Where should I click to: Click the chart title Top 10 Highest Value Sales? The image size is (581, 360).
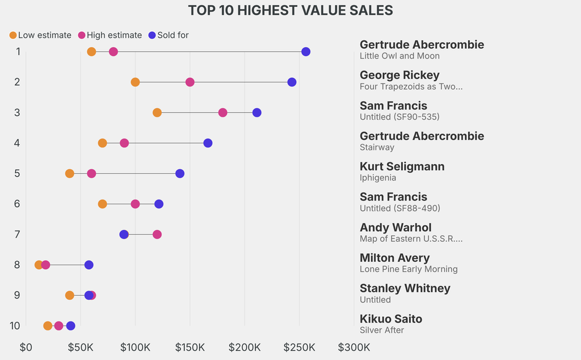290,11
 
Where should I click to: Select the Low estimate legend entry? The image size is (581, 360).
40,35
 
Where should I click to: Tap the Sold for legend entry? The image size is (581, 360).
168,35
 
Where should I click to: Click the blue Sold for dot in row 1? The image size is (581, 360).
306,52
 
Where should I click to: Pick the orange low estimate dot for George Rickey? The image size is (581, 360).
135,82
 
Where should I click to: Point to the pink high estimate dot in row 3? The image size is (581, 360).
222,112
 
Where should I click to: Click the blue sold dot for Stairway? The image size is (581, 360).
208,143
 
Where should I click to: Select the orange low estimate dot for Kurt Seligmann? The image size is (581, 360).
69,173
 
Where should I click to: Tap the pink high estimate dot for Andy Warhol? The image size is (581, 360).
157,235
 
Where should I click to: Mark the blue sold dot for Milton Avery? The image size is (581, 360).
89,265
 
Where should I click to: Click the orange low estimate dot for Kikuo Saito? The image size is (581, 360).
48,326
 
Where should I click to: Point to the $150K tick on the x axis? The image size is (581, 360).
190,347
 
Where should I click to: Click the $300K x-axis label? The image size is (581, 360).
353,347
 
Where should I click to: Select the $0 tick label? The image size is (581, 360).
26,347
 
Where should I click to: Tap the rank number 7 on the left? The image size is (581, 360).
18,235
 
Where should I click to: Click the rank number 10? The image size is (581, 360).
15,326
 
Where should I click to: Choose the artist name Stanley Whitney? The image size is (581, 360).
405,288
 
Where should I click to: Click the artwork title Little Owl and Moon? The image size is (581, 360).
399,56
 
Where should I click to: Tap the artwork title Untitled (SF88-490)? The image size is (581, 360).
399,208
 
